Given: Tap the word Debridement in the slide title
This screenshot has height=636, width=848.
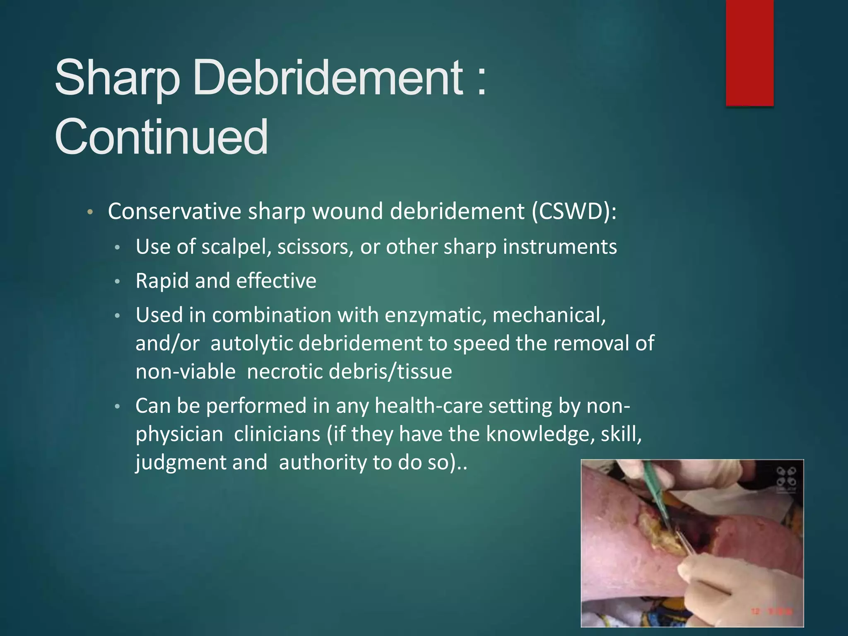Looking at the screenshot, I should coord(328,77).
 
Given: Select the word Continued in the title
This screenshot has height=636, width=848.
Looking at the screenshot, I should coord(161,136).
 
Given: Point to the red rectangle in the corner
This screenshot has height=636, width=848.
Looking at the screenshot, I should coord(749,53).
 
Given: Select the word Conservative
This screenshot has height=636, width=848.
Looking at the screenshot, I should coord(174,211).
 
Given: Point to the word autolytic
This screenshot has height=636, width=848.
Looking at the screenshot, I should coord(252,343).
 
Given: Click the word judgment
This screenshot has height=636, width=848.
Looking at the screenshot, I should coord(181,462).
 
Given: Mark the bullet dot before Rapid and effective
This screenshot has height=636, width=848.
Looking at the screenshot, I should coord(118,282).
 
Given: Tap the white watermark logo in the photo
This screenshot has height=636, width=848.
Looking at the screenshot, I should coord(786,477).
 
